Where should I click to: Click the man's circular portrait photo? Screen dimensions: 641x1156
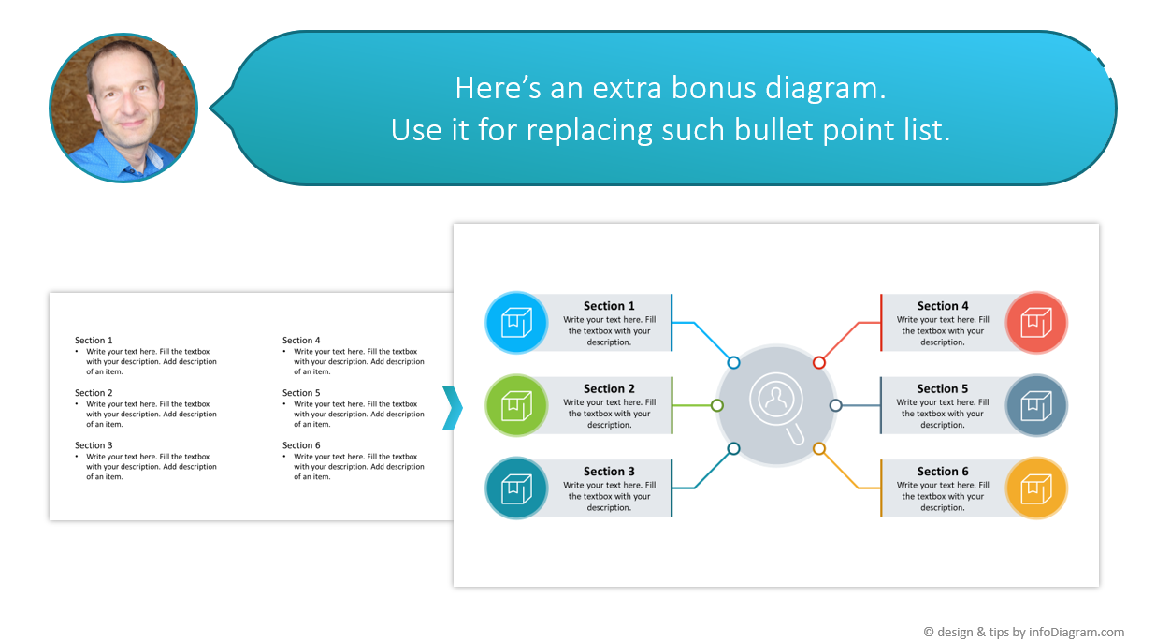point(123,108)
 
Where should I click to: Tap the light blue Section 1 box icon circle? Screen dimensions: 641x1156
point(516,323)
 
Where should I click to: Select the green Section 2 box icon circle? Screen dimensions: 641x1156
point(516,405)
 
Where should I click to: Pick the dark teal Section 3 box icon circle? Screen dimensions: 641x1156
point(516,488)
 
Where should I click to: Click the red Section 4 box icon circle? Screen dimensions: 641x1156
point(1036,323)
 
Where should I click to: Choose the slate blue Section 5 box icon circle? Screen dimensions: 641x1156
point(1036,405)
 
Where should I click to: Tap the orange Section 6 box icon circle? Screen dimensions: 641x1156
point(1036,488)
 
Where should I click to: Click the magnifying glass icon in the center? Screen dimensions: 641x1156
point(776,406)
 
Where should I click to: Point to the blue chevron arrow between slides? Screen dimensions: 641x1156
point(453,407)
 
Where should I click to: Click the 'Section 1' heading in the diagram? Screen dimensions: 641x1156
point(609,306)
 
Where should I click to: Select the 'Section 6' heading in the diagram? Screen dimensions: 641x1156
point(943,472)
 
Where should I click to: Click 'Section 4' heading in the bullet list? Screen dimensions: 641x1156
point(301,341)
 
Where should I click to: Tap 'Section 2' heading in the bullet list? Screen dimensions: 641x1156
point(94,393)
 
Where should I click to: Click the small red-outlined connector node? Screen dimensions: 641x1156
point(819,362)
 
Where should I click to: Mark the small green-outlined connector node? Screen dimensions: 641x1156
point(717,405)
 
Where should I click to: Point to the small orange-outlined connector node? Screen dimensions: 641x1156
point(819,449)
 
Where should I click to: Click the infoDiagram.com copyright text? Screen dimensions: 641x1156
point(1023,632)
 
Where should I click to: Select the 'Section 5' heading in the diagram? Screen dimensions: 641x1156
point(943,388)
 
